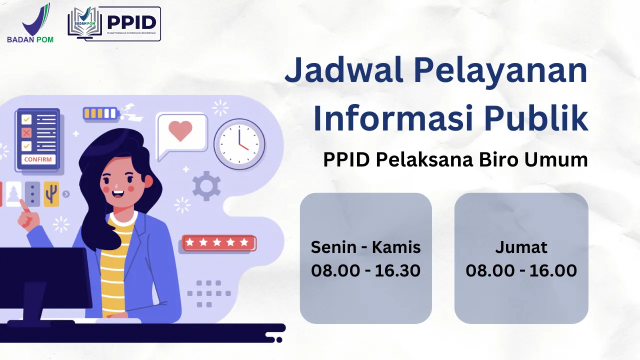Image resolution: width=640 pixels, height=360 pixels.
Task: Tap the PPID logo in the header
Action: pyautogui.click(x=114, y=23)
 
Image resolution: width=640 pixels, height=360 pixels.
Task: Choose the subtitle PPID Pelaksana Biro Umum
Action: pyautogui.click(x=455, y=160)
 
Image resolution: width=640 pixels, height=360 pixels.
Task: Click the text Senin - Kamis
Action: pyautogui.click(x=365, y=247)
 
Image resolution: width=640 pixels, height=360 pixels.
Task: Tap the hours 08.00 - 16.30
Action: pyautogui.click(x=365, y=270)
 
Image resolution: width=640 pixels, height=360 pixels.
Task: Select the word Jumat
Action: pyautogui.click(x=521, y=247)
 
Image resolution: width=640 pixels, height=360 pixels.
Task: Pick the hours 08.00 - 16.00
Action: pyautogui.click(x=521, y=270)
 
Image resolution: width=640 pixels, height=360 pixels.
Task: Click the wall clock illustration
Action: pyautogui.click(x=239, y=144)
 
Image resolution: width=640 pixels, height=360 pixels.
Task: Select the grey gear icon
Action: pyautogui.click(x=206, y=185)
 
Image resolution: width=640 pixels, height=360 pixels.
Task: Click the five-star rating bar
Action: pyautogui.click(x=218, y=243)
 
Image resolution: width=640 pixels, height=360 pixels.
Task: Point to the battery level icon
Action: pyautogui.click(x=101, y=113)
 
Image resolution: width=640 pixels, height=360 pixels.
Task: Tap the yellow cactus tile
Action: pyautogui.click(x=51, y=193)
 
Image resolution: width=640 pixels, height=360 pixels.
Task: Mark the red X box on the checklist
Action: pyautogui.click(x=26, y=133)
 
